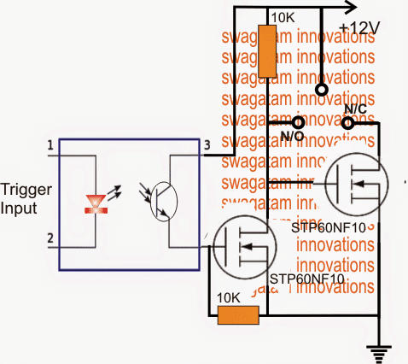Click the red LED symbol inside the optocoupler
click(x=96, y=203)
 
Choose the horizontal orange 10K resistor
click(x=240, y=315)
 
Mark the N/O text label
click(x=293, y=136)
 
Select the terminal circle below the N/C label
click(x=347, y=123)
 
